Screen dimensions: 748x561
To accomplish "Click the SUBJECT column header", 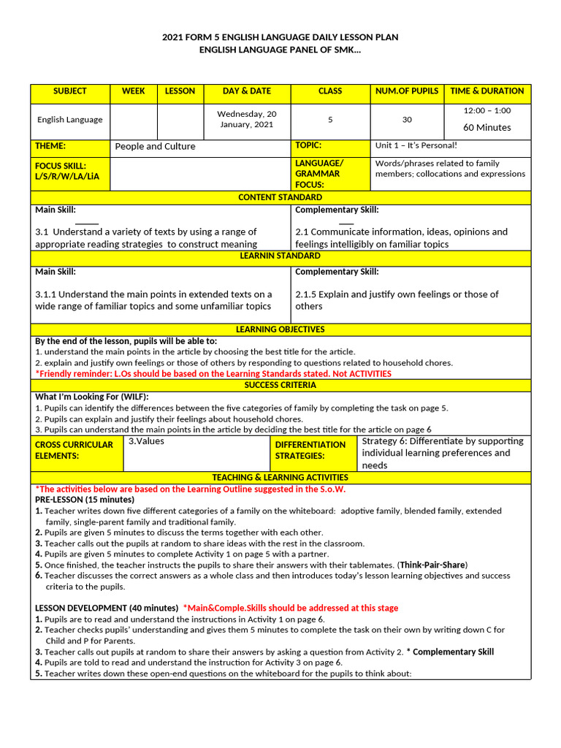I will click(x=70, y=91).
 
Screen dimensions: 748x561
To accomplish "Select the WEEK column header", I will click(x=134, y=91).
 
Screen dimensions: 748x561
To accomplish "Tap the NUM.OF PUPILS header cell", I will click(x=407, y=91).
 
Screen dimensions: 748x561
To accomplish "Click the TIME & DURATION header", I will click(x=487, y=91).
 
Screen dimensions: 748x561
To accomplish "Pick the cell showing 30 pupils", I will click(x=407, y=120).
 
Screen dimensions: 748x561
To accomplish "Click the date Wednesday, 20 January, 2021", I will click(x=247, y=119).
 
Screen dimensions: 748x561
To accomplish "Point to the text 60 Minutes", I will click(x=487, y=127).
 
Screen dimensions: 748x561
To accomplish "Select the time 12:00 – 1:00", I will click(x=487, y=111).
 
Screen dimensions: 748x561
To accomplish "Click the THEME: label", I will click(x=50, y=146).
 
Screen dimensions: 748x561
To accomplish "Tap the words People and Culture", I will click(x=155, y=146).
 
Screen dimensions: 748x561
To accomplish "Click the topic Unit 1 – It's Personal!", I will click(x=416, y=145).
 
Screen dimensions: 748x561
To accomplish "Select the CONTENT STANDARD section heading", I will click(x=280, y=198).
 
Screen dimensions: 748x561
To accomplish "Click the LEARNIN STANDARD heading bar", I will click(x=280, y=256).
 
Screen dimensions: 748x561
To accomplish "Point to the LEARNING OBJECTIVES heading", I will click(x=280, y=330).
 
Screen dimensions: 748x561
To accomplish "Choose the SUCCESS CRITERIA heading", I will click(x=280, y=385).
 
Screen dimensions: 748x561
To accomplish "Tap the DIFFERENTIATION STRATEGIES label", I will click(x=310, y=450).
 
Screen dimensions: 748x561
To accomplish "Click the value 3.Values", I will click(x=146, y=441).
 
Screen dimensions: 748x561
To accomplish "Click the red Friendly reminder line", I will click(x=213, y=373).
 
